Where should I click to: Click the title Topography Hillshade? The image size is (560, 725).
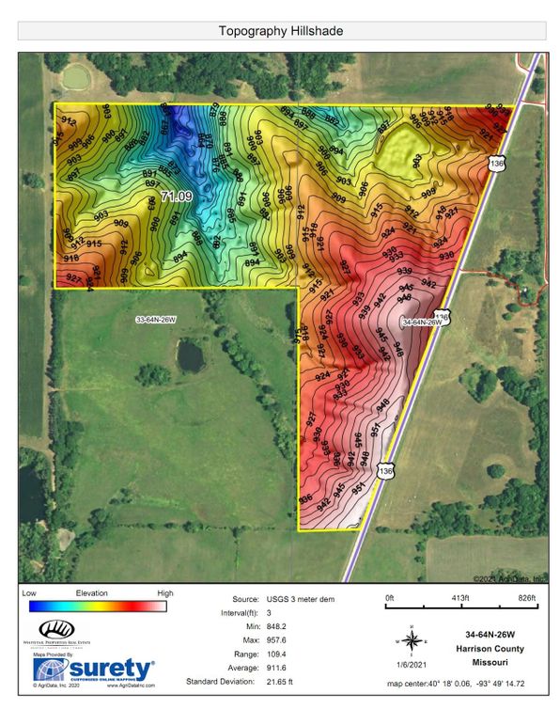(280, 30)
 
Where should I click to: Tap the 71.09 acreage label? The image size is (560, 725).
(177, 197)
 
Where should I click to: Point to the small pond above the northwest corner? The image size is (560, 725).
(74, 73)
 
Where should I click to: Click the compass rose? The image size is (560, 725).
(411, 640)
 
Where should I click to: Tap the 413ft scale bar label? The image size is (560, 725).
(459, 599)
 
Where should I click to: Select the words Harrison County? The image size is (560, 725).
(486, 649)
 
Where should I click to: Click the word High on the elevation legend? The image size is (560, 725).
(165, 594)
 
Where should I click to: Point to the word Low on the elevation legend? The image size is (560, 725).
(29, 594)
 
